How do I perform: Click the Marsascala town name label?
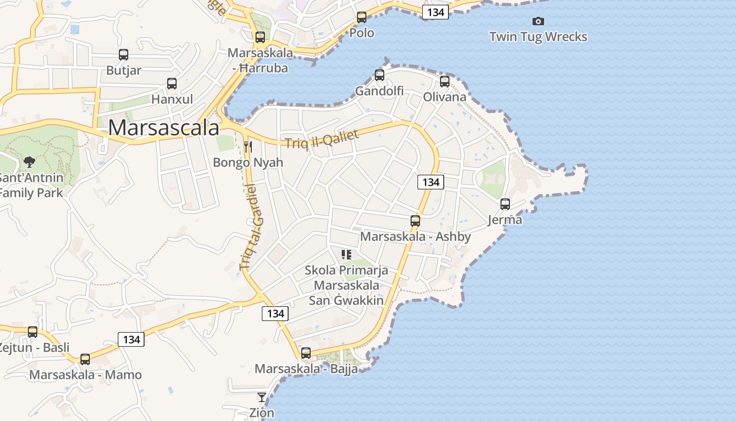(163, 128)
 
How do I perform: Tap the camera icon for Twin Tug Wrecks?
(538, 22)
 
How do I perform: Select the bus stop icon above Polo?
(362, 17)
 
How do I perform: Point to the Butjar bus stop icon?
(124, 55)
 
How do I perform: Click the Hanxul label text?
(172, 99)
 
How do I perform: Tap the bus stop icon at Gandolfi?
(380, 75)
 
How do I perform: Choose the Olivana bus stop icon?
(445, 82)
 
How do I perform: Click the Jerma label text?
(505, 219)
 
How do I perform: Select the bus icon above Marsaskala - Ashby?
(415, 221)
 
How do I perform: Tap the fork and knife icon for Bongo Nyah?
(248, 146)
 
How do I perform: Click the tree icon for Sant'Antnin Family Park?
(29, 162)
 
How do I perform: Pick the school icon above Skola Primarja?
(346, 255)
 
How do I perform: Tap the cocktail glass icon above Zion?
(262, 397)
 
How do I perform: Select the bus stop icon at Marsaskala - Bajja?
(306, 353)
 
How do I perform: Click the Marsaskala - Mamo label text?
(85, 375)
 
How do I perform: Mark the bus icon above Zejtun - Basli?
(33, 332)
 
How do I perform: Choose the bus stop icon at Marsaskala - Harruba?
(260, 37)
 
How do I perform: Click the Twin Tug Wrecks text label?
(538, 37)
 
